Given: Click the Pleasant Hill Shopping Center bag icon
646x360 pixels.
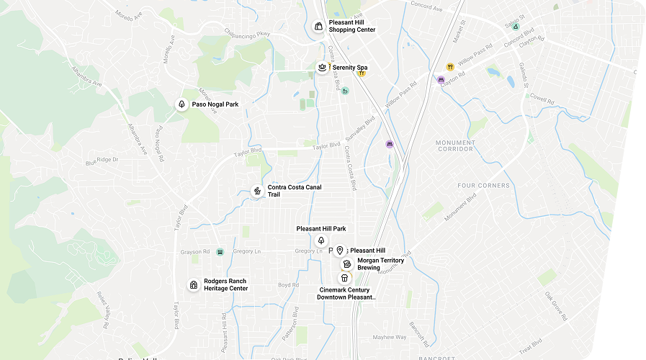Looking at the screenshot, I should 318,26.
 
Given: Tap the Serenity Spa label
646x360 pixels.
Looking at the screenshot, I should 350,68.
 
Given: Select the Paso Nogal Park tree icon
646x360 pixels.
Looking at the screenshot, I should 181,104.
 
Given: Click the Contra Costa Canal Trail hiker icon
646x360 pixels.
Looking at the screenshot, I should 256,192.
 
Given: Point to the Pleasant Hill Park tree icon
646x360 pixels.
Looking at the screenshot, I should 321,240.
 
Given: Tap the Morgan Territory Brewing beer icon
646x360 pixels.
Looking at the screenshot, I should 347,264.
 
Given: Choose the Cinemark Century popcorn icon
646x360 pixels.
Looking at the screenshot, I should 344,278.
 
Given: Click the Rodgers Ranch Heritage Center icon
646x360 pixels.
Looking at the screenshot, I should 193,285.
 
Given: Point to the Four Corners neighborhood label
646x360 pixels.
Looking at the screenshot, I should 483,186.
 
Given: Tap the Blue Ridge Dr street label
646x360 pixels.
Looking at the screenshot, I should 102,161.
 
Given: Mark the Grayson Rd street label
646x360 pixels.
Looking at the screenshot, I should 196,251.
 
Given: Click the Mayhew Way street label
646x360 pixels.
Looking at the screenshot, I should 390,337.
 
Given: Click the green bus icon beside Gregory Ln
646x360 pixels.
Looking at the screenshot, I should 220,251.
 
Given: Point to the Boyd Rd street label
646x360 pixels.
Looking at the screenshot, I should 288,285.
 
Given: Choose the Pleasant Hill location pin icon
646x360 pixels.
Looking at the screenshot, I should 339,251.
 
